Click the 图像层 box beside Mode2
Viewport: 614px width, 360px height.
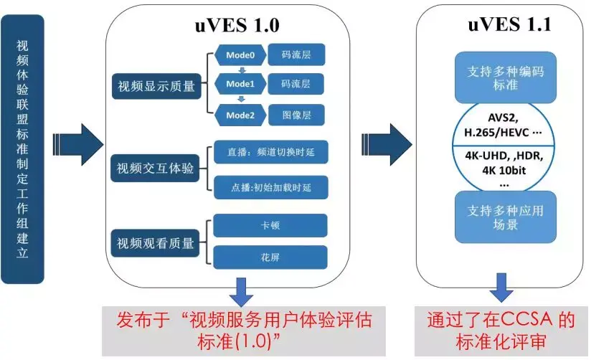click(296, 114)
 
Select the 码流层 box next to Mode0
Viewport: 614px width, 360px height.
click(296, 54)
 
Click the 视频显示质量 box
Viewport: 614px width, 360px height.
click(156, 87)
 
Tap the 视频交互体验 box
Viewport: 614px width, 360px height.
click(156, 170)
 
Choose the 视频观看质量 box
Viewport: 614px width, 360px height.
click(156, 243)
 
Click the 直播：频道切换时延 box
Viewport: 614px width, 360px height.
click(270, 153)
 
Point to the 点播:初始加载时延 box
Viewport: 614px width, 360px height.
click(270, 187)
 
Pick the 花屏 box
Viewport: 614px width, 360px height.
click(270, 257)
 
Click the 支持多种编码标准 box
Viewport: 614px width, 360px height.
click(502, 77)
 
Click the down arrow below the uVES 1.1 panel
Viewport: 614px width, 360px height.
click(501, 291)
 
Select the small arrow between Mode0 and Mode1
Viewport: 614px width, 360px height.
click(242, 70)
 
